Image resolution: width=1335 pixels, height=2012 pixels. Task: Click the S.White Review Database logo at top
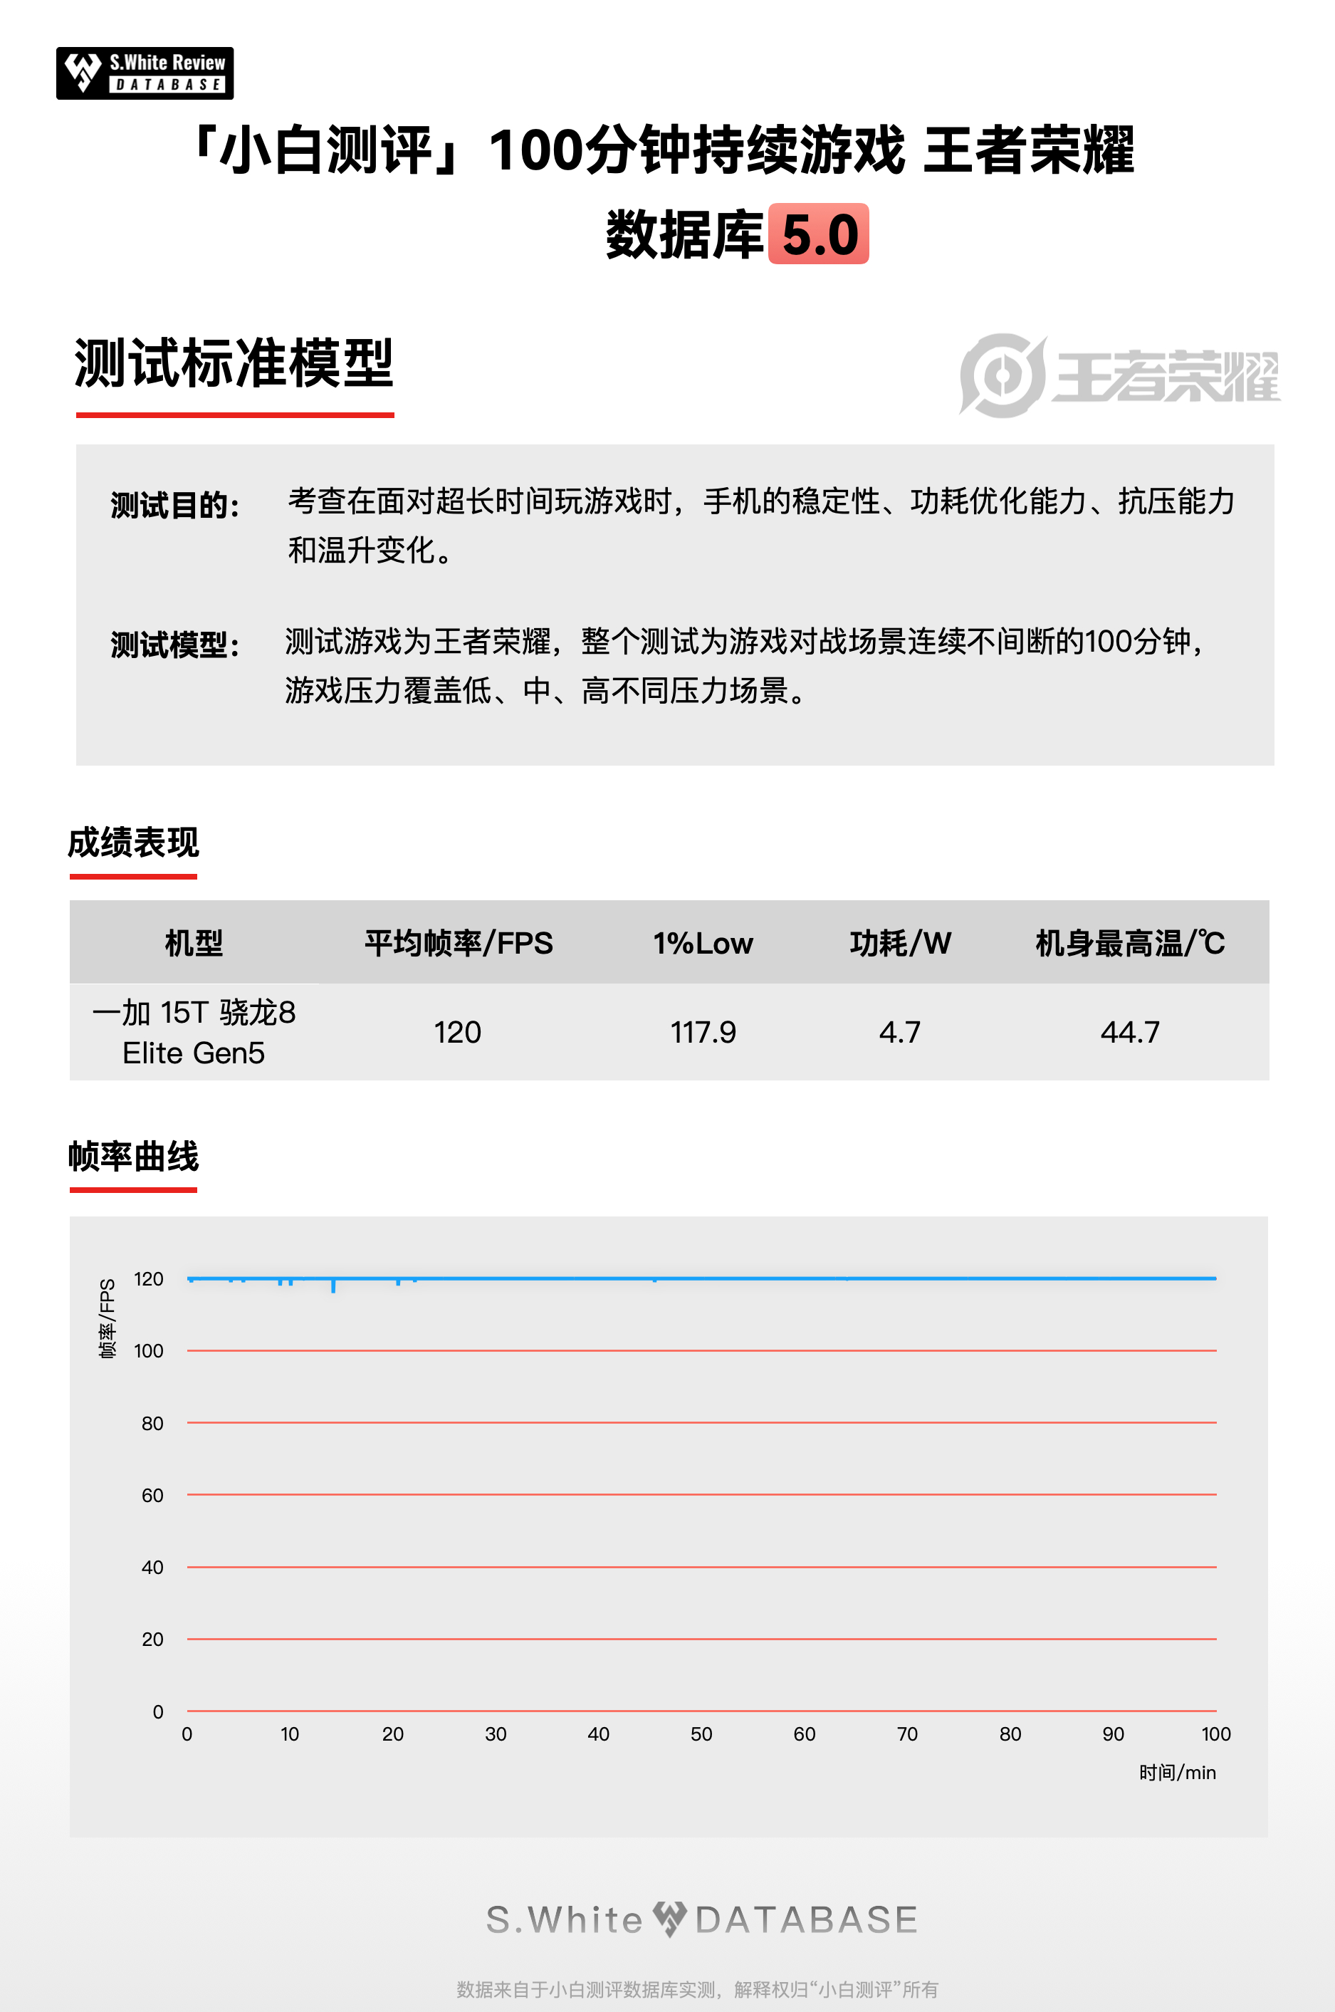tap(145, 73)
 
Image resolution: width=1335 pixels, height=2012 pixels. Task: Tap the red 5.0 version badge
tap(818, 234)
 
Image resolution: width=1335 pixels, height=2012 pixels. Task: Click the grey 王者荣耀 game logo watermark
tap(1119, 375)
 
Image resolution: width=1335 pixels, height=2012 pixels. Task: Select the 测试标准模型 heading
tap(234, 363)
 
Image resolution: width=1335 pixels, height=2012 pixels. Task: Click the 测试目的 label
tap(175, 505)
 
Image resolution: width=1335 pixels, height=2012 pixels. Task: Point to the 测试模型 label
tap(175, 645)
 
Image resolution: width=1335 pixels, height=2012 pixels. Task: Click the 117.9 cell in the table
tap(703, 1032)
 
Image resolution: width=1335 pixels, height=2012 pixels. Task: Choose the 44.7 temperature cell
tap(1130, 1032)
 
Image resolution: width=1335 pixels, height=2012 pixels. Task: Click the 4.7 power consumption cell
tap(900, 1032)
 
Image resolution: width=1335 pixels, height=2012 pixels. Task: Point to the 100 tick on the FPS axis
tap(149, 1351)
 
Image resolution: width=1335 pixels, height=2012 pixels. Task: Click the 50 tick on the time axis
tap(701, 1734)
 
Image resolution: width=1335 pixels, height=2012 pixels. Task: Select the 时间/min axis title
tap(1178, 1773)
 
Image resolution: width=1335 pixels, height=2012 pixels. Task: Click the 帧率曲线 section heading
tap(134, 1157)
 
